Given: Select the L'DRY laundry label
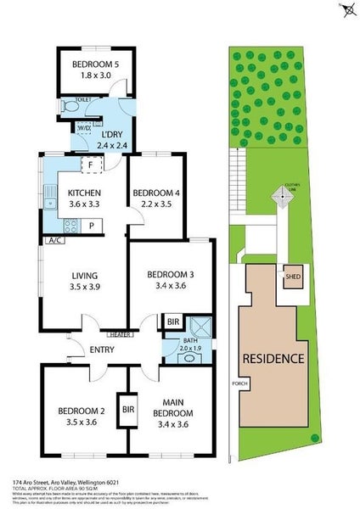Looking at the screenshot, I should [113, 139].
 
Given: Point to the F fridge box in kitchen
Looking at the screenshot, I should [89, 165].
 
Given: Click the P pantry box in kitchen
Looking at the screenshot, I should [91, 226].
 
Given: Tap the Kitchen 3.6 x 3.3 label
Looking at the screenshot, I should [83, 199].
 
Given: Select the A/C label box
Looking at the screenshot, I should [57, 240].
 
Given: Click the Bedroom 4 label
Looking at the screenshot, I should [156, 199].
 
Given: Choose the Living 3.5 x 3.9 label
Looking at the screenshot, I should [83, 281].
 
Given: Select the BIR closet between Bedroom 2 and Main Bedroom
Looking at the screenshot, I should [128, 409].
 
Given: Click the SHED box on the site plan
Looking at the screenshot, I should [293, 277].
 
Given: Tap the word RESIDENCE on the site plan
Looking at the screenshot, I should [273, 358].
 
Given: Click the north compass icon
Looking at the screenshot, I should [348, 9].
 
